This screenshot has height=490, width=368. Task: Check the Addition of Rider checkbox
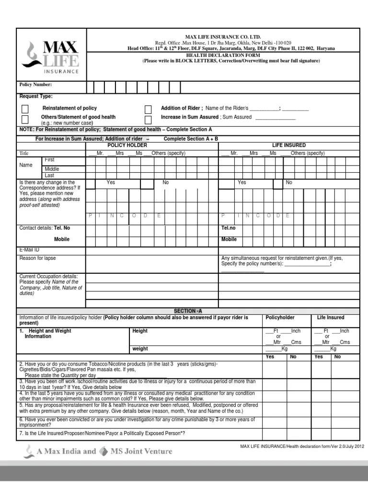pos(148,109)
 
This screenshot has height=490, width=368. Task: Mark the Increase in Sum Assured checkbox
pos(148,119)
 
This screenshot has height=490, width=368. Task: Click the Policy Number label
pos(35,85)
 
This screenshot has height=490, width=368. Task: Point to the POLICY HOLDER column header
pos(127,145)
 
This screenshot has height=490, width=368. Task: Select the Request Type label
pos(36,97)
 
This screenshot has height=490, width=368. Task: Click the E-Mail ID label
pos(29,250)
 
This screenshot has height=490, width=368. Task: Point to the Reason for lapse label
pos(37,258)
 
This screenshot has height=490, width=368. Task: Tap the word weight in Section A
pos(140,349)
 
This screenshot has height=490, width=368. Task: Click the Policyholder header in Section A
pos(280,318)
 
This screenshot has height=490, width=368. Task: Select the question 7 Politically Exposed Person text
pos(102,434)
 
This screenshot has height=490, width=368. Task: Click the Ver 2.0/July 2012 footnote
pos(302,446)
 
